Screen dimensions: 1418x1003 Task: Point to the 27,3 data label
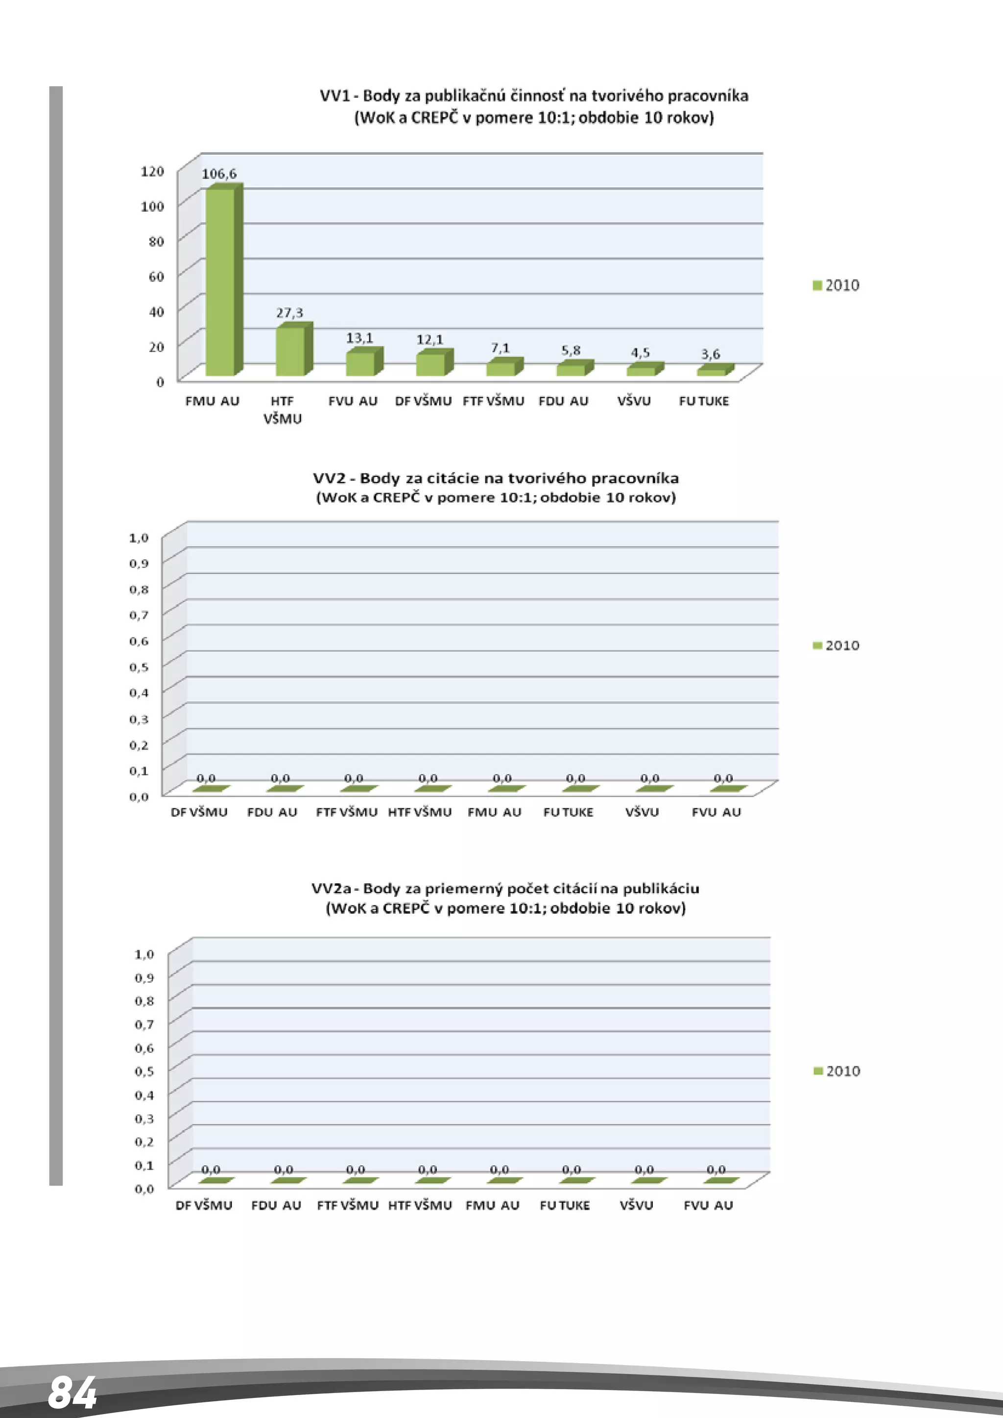pyautogui.click(x=289, y=313)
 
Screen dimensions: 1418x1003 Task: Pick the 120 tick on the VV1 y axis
pyautogui.click(x=152, y=171)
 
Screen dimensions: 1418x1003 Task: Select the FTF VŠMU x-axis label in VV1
pyautogui.click(x=494, y=402)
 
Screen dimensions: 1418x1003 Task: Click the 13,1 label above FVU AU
pyautogui.click(x=359, y=338)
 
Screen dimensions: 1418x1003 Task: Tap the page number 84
pyautogui.click(x=72, y=1392)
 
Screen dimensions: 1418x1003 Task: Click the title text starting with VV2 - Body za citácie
pyautogui.click(x=495, y=478)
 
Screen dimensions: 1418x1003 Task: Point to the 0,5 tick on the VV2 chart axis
pyautogui.click(x=139, y=667)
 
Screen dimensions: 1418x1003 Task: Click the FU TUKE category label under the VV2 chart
pyautogui.click(x=568, y=813)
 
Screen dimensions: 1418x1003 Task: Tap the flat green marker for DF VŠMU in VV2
pyautogui.click(x=211, y=789)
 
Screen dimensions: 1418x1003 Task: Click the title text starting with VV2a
pyautogui.click(x=505, y=889)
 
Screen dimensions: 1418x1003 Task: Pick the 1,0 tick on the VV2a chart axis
pyautogui.click(x=144, y=954)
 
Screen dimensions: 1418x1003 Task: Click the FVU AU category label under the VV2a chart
pyautogui.click(x=708, y=1205)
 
